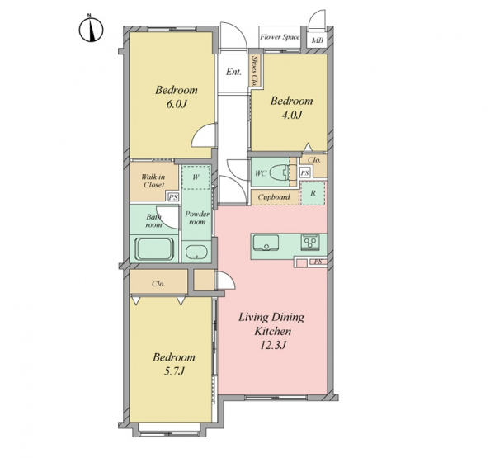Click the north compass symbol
pyautogui.click(x=91, y=30)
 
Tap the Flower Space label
pyautogui.click(x=280, y=37)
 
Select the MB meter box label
pyautogui.click(x=318, y=40)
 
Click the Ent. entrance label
pyautogui.click(x=233, y=72)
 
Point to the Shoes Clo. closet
pyautogui.click(x=254, y=71)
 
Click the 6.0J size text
pyautogui.click(x=177, y=104)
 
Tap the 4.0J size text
pyautogui.click(x=292, y=115)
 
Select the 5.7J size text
pyautogui.click(x=173, y=371)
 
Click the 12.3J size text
pyautogui.click(x=273, y=345)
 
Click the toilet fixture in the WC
pyautogui.click(x=282, y=172)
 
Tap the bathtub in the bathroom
pyautogui.click(x=154, y=248)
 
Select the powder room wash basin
pyautogui.click(x=196, y=252)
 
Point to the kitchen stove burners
pyautogui.click(x=310, y=243)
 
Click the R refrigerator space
pyautogui.click(x=313, y=193)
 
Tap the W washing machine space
pyautogui.click(x=196, y=177)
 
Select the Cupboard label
pyautogui.click(x=274, y=197)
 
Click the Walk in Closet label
pyautogui.click(x=153, y=181)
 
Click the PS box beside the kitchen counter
pyautogui.click(x=318, y=262)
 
